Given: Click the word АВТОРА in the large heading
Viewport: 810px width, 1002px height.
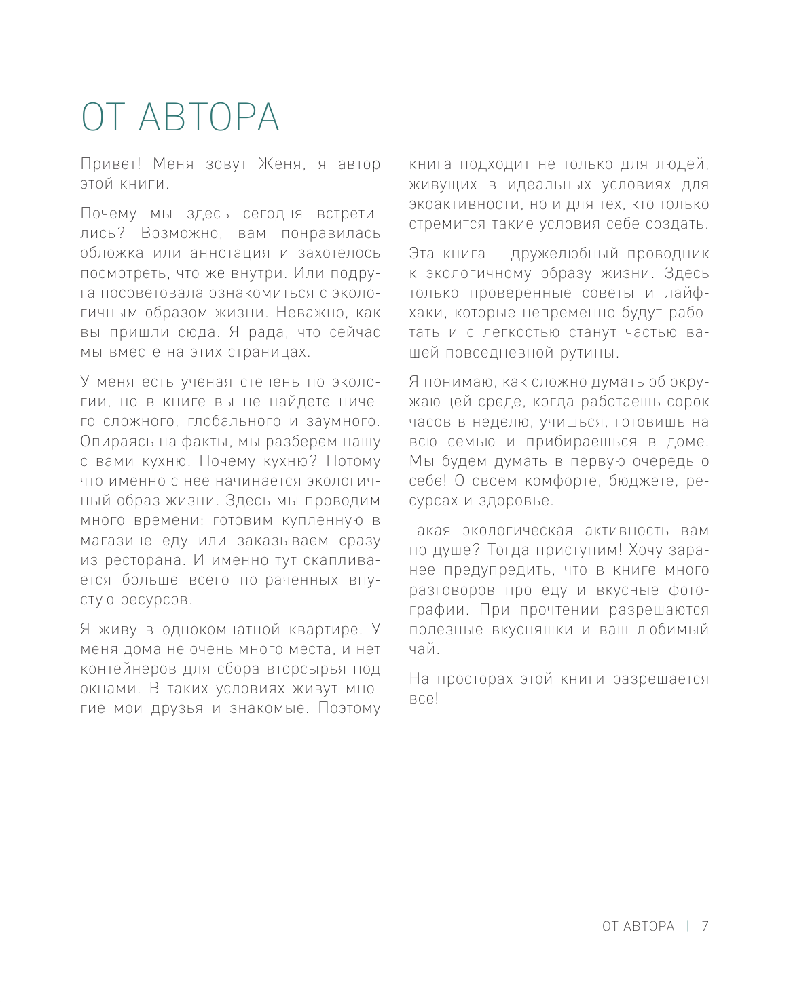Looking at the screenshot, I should point(209,118).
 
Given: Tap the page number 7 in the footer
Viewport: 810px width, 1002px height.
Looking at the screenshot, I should point(705,927).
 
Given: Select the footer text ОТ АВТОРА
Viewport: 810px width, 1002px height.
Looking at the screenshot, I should point(638,927).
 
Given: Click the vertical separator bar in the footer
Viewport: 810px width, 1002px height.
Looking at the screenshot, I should point(688,927).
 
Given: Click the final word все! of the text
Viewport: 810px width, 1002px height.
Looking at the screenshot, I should point(424,699).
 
